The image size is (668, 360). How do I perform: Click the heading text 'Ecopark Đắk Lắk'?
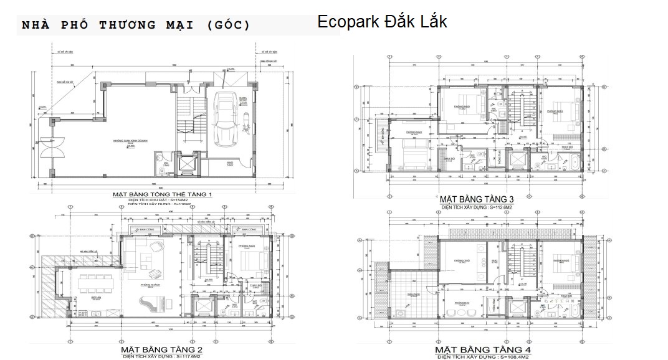point(381,21)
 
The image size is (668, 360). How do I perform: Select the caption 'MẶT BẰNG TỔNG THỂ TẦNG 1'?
point(162,195)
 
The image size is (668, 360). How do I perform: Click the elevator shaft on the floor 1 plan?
point(186,165)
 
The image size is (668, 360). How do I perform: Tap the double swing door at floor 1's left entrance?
point(48,149)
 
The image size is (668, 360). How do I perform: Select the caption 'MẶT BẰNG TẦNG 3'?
point(484,199)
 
